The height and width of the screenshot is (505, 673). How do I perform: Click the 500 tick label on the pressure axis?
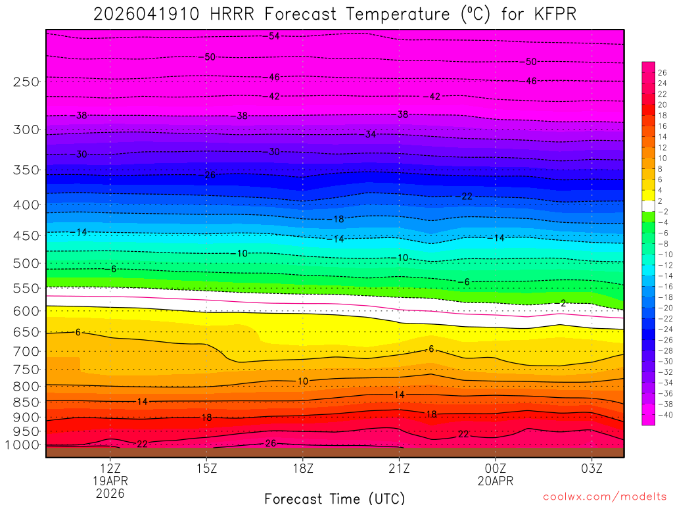click(27, 264)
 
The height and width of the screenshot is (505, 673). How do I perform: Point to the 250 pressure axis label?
click(27, 82)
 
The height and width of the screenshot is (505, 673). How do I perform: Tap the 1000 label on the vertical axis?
click(24, 445)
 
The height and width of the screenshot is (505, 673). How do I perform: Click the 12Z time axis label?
click(111, 468)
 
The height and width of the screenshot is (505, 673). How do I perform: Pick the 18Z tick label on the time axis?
click(302, 468)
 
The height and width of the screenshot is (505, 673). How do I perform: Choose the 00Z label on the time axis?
click(495, 468)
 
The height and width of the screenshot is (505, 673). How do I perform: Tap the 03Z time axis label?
click(592, 468)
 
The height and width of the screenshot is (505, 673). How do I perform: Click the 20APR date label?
click(495, 481)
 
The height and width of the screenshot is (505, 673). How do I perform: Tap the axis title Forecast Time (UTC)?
click(335, 498)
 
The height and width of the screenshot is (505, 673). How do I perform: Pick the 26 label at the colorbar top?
click(662, 72)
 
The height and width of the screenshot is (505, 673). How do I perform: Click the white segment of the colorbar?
click(648, 206)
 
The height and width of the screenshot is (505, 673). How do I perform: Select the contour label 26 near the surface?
click(270, 443)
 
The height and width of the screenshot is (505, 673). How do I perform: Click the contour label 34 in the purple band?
click(370, 134)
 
